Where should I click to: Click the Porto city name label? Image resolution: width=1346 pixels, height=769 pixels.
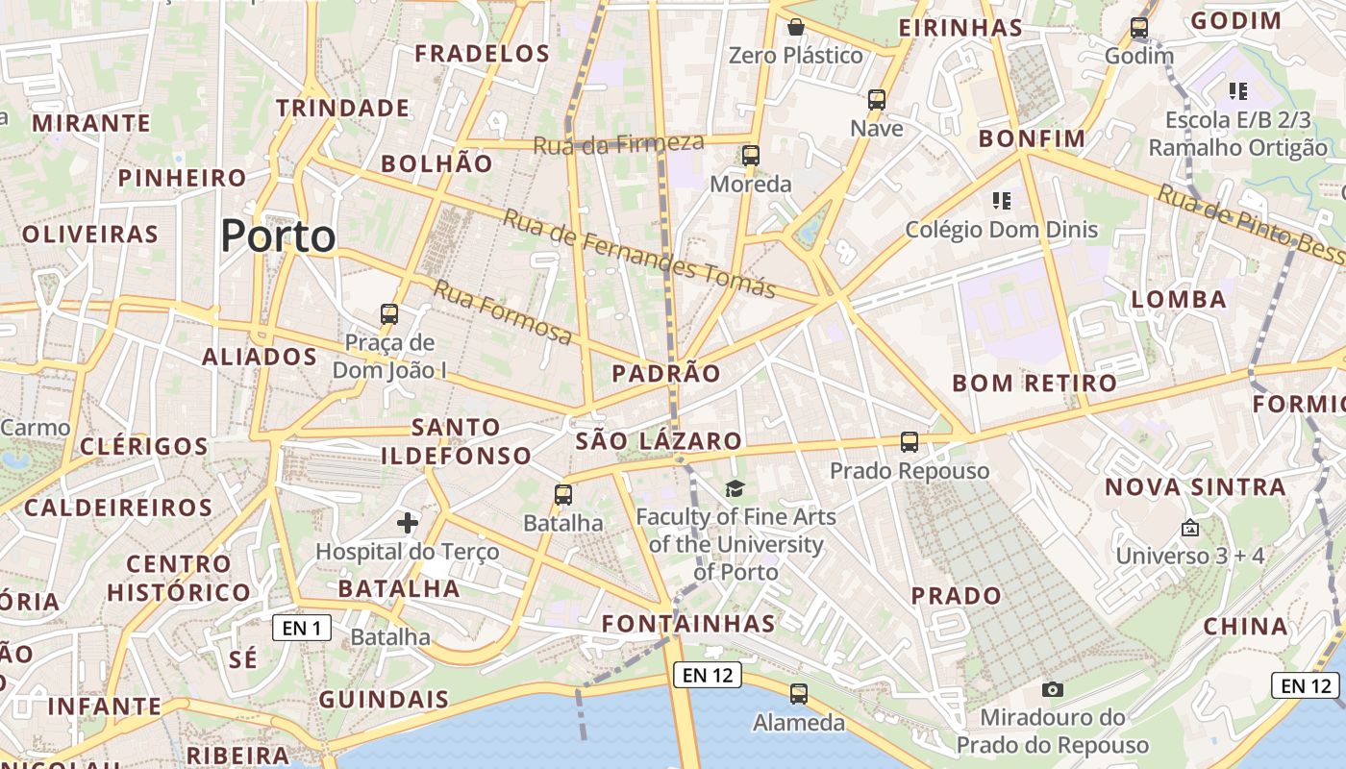click(279, 236)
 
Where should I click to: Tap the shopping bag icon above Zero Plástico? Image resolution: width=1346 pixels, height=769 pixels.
click(796, 27)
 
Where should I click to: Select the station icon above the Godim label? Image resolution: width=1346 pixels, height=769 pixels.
click(1139, 28)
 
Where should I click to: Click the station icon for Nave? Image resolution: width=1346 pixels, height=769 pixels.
click(877, 99)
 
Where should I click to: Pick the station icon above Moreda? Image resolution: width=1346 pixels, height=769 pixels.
click(751, 155)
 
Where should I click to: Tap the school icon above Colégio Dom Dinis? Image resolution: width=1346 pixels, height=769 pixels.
click(1002, 201)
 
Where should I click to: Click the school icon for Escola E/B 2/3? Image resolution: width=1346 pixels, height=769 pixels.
click(1238, 91)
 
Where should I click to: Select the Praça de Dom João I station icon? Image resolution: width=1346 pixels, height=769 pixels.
click(389, 313)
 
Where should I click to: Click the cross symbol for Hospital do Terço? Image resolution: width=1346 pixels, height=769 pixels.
click(408, 523)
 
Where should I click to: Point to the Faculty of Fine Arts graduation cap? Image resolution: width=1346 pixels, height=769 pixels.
click(735, 489)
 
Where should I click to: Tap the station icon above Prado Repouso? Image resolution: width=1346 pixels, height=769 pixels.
click(910, 442)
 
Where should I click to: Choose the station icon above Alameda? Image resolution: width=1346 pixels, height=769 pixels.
click(798, 694)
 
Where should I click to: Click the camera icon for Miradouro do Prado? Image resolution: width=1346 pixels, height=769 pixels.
click(1053, 689)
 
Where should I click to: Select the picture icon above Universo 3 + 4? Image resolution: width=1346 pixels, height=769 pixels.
click(1190, 528)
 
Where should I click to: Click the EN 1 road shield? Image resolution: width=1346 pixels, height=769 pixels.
click(302, 629)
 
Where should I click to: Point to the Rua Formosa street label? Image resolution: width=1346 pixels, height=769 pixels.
click(503, 311)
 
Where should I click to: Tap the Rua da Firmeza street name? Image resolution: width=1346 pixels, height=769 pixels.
click(618, 144)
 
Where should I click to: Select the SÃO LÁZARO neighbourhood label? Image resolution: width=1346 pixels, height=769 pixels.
click(660, 441)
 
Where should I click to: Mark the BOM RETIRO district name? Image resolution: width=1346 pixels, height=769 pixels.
click(1034, 384)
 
